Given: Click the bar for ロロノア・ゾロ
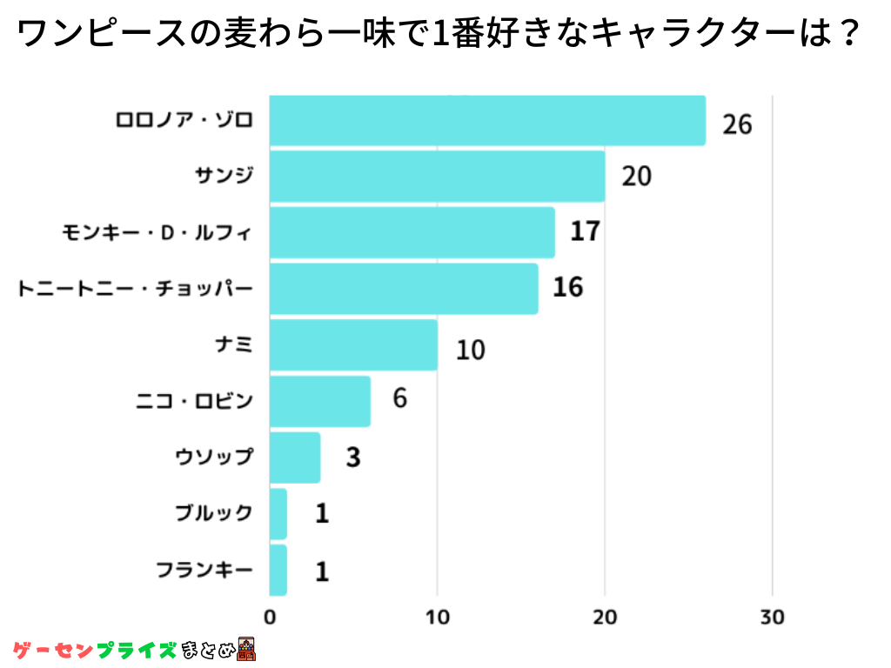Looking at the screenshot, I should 487,120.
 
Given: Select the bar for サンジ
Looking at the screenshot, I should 437,177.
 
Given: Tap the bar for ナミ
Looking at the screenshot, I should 353,345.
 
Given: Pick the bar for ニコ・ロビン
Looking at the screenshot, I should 319,401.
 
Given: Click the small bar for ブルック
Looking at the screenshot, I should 278,514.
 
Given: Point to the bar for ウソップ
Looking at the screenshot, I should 295,458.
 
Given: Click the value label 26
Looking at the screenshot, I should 736,124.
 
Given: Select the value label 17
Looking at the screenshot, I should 586,232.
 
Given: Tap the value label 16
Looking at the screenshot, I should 568,287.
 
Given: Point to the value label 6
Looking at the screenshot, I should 399,398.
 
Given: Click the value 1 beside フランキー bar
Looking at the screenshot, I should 322,571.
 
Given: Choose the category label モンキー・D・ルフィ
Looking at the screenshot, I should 157,232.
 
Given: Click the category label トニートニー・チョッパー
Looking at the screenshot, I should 135,288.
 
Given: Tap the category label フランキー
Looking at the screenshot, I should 204,571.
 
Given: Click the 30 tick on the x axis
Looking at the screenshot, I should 772,618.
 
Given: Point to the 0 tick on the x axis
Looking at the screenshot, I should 270,618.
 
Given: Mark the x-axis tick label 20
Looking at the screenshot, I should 605,618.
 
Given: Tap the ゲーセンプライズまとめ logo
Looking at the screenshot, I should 135,649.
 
